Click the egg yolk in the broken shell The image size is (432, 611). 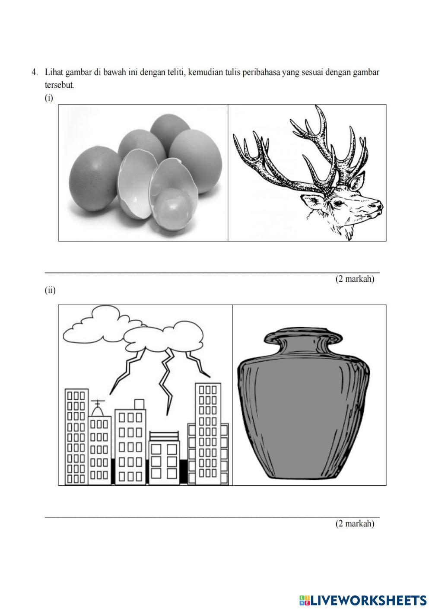click(172, 204)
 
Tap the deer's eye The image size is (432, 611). click(338, 203)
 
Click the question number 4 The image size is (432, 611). click(34, 72)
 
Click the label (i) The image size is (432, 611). click(49, 98)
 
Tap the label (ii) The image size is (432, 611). click(50, 290)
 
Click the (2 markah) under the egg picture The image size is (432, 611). click(355, 279)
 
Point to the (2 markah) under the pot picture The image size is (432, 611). click(355, 523)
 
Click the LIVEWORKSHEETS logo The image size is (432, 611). click(363, 601)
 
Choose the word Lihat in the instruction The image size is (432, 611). click(54, 72)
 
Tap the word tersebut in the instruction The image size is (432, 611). click(60, 85)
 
